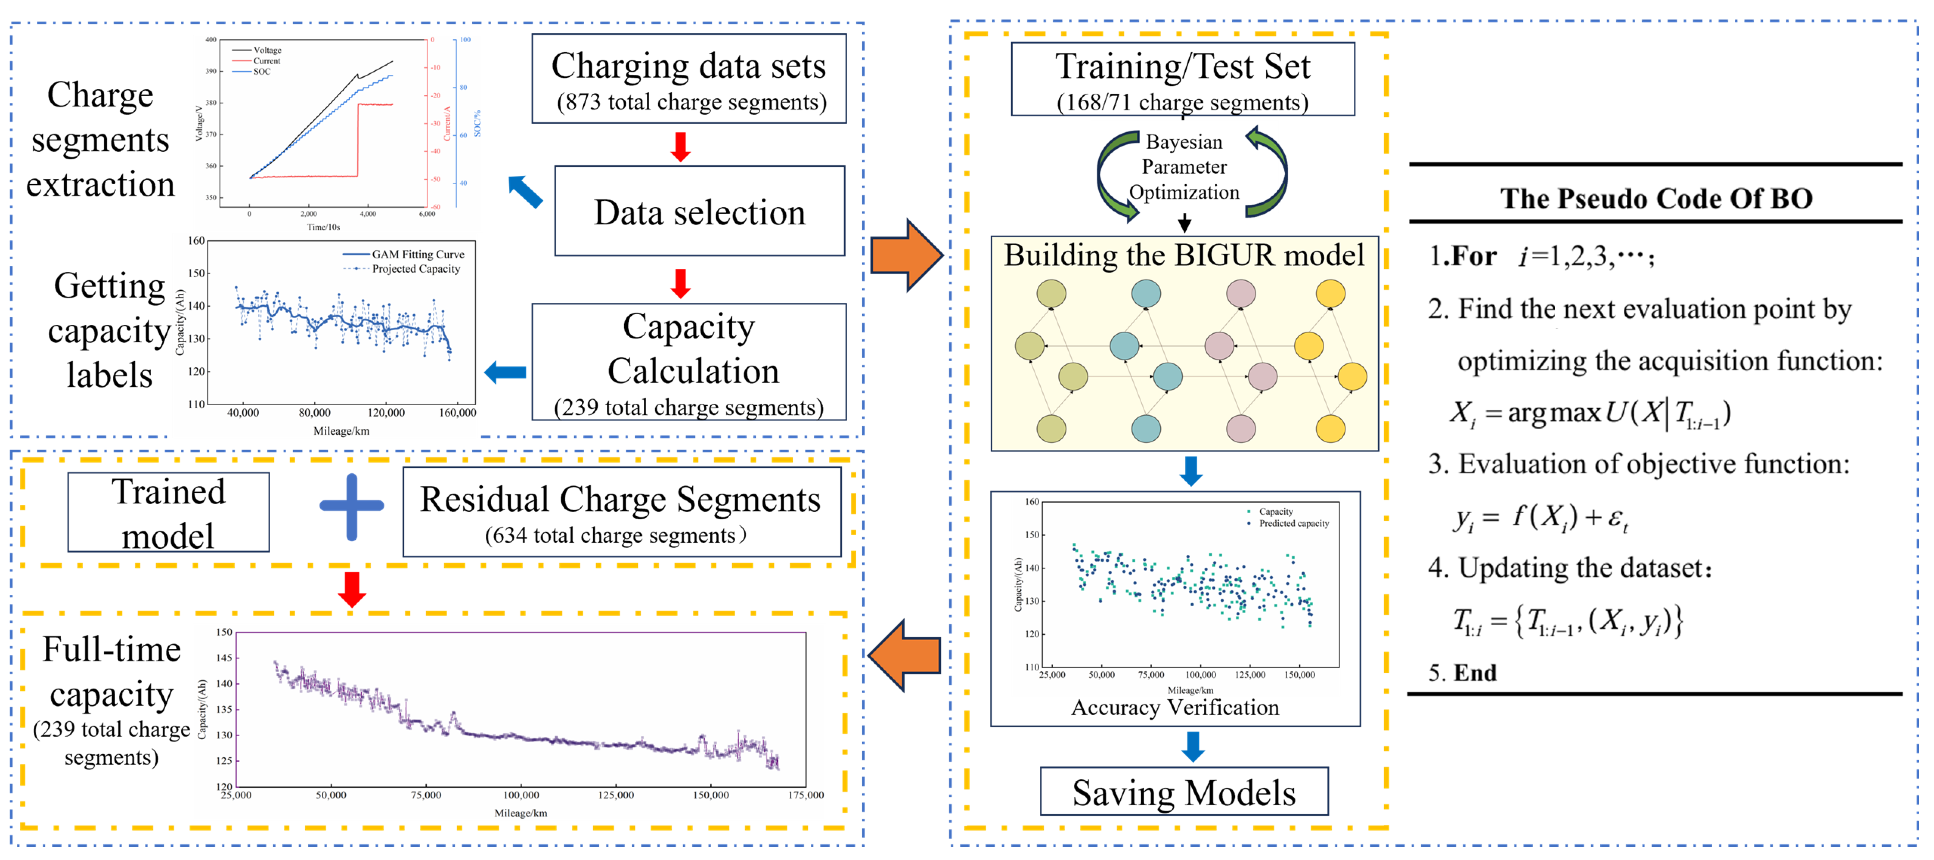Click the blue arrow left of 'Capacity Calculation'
click(505, 372)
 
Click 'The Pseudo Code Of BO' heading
click(1656, 198)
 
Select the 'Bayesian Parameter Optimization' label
click(1184, 167)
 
